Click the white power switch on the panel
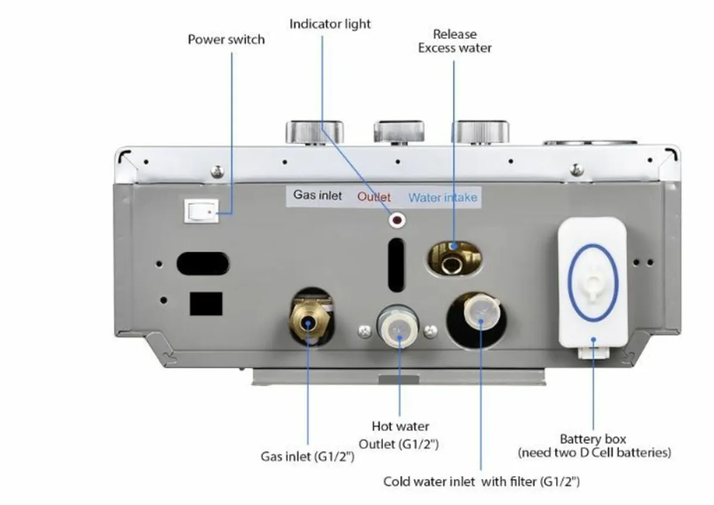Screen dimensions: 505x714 pos(201,211)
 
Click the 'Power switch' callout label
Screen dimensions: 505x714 pos(226,40)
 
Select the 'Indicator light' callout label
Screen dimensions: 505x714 pos(330,24)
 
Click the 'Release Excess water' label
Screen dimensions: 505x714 pos(455,41)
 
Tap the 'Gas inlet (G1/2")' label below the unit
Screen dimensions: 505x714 pos(308,457)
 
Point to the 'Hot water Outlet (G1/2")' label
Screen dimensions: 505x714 pos(400,435)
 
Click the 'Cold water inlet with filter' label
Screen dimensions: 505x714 pos(481,481)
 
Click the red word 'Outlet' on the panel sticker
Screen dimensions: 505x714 pos(374,197)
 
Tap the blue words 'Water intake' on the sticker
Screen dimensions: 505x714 pos(443,197)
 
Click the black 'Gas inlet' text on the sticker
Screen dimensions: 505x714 pos(317,195)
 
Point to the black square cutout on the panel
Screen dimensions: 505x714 pos(206,304)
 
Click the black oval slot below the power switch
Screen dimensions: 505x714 pos(202,263)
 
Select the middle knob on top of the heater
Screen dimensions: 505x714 pos(399,132)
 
